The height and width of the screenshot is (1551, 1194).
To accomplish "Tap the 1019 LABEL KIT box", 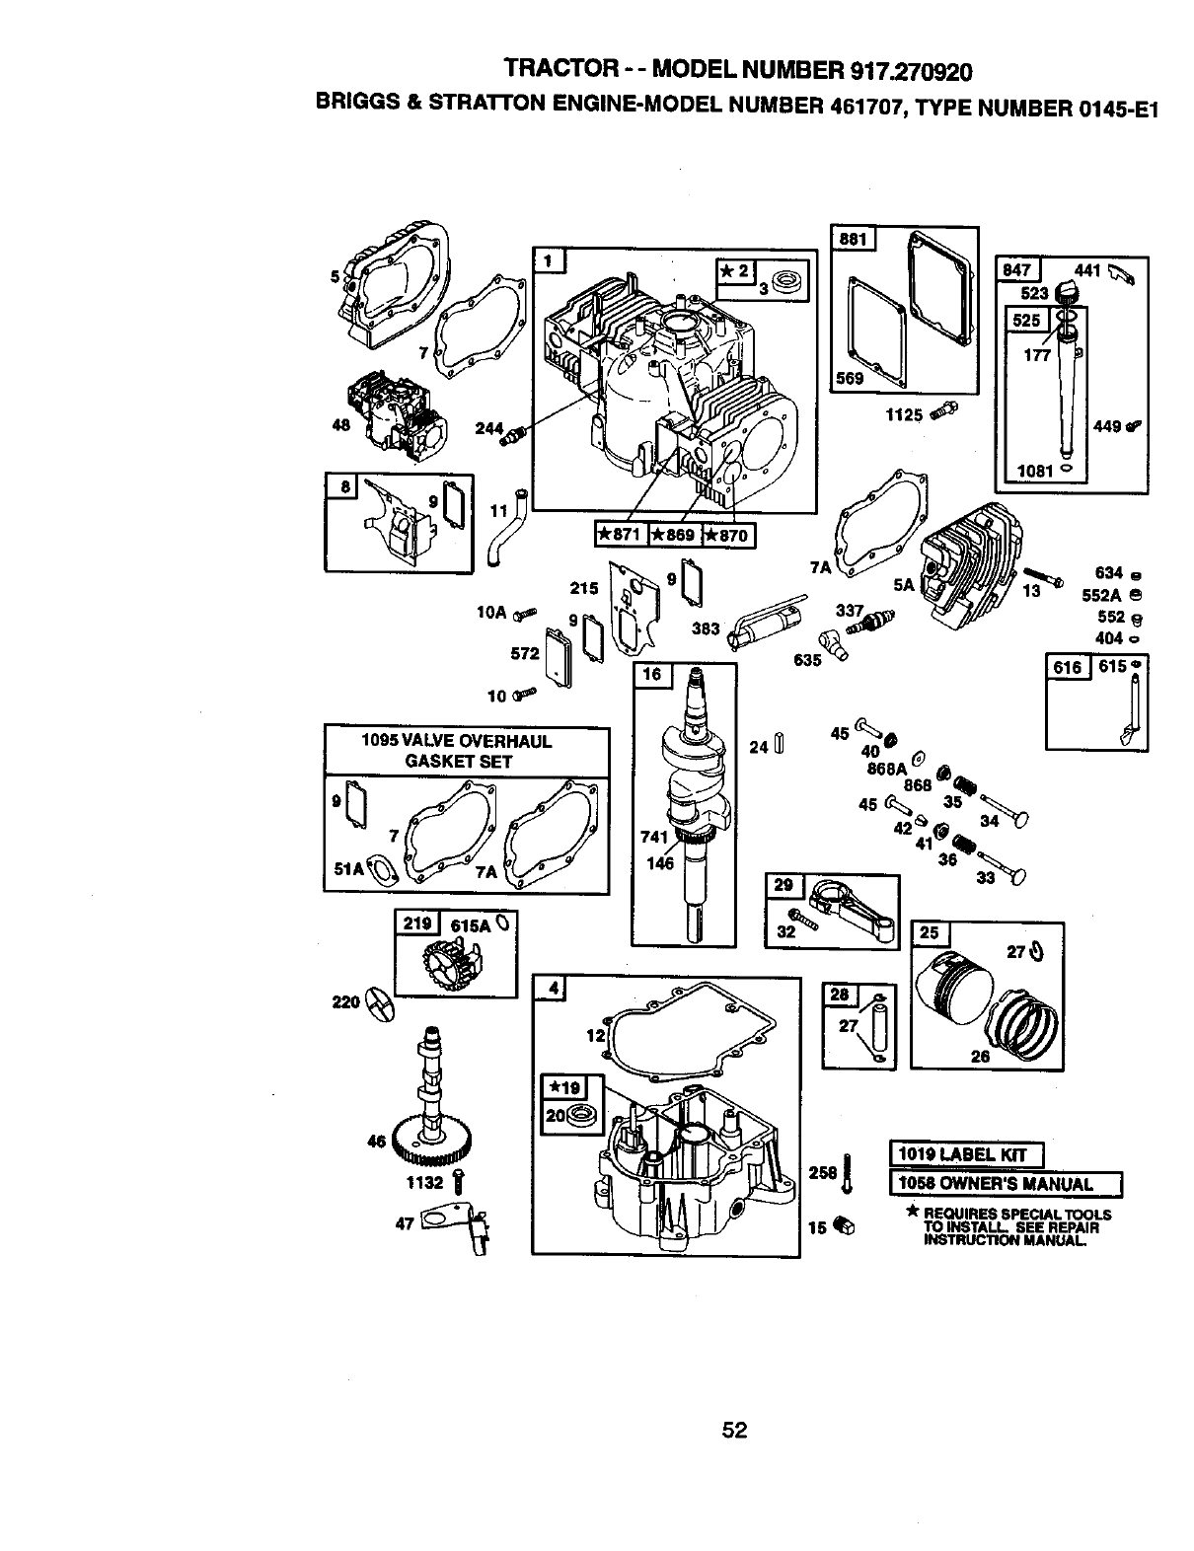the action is pyautogui.click(x=966, y=1154).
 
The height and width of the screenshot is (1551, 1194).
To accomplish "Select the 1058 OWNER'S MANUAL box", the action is pyautogui.click(x=1006, y=1184).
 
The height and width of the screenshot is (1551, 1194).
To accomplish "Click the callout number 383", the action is pyautogui.click(x=706, y=628).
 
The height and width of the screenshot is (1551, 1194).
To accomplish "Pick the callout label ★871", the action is pyautogui.click(x=621, y=535).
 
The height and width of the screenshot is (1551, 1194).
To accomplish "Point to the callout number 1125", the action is pyautogui.click(x=904, y=415).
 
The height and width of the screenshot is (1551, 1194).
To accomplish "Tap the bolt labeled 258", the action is pyautogui.click(x=846, y=1173).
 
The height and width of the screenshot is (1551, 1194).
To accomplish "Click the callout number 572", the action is pyautogui.click(x=525, y=654).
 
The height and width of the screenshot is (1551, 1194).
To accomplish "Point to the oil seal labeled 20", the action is pyautogui.click(x=576, y=1115).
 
